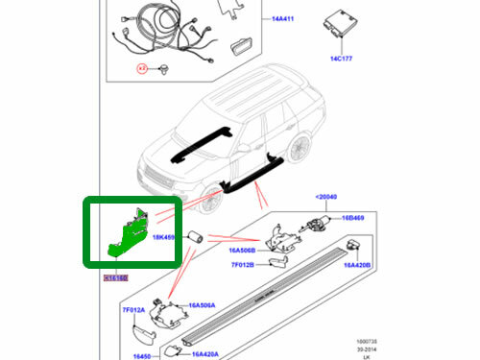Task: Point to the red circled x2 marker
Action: click(x=143, y=68)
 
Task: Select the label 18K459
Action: click(x=164, y=236)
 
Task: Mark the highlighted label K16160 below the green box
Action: click(x=115, y=276)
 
